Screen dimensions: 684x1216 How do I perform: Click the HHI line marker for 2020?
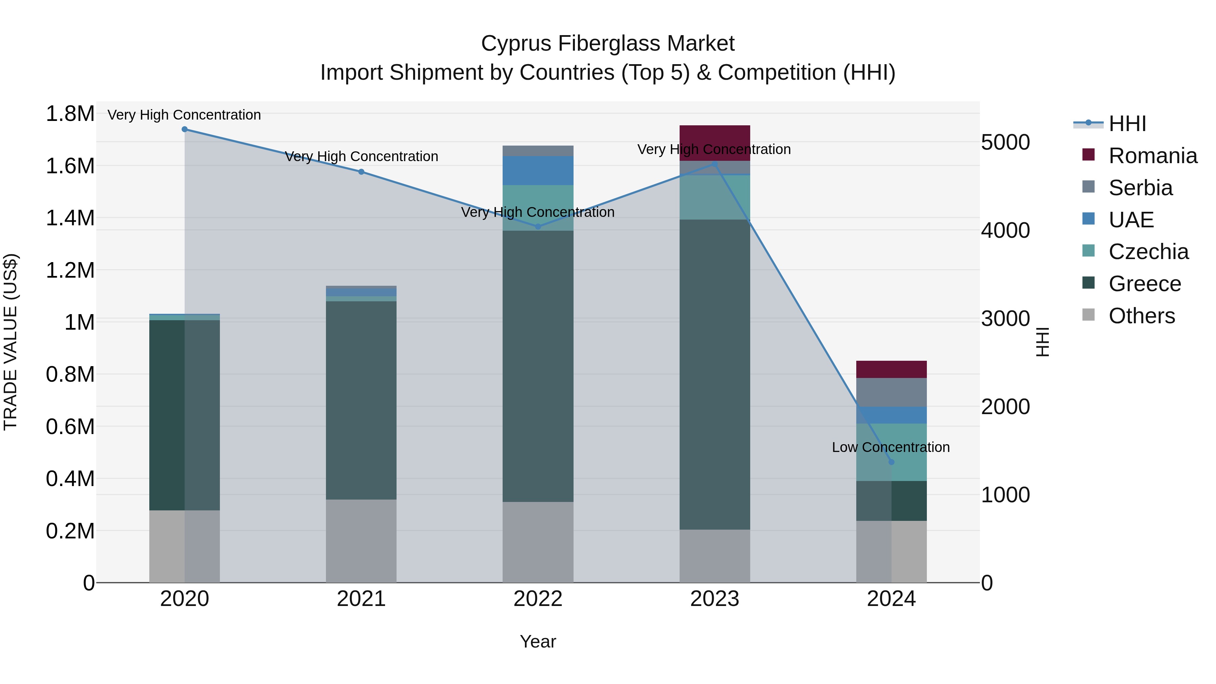pyautogui.click(x=184, y=129)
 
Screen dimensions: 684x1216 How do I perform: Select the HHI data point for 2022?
pyautogui.click(x=538, y=227)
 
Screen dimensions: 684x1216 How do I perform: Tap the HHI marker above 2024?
pyautogui.click(x=891, y=462)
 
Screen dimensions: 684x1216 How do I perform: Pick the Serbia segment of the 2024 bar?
pyautogui.click(x=891, y=392)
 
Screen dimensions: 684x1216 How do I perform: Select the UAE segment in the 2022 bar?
pyautogui.click(x=538, y=171)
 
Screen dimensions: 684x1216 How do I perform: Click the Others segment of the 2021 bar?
pyautogui.click(x=361, y=541)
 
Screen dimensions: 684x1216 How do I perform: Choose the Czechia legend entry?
pyautogui.click(x=1148, y=252)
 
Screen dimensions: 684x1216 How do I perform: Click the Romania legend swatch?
pyautogui.click(x=1088, y=155)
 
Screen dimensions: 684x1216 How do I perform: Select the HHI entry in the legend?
pyautogui.click(x=1127, y=124)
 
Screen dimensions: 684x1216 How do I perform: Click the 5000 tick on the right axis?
pyautogui.click(x=1005, y=143)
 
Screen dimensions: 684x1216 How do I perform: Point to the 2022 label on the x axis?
pyautogui.click(x=538, y=599)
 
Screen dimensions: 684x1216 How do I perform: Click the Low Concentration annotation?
pyautogui.click(x=891, y=447)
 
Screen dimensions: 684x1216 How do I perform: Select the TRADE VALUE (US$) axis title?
pyautogui.click(x=10, y=342)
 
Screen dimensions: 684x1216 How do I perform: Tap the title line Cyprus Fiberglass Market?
pyautogui.click(x=608, y=44)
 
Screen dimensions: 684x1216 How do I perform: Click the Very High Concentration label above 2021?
pyautogui.click(x=361, y=156)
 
